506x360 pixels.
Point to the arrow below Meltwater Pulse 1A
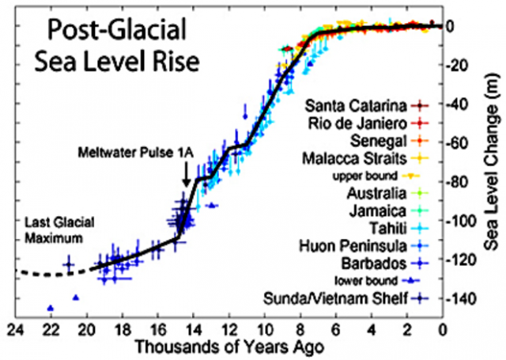point(185,173)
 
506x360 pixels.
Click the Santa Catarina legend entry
point(357,105)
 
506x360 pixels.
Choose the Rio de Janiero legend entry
point(357,124)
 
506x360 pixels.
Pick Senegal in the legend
point(377,142)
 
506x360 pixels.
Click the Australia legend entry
point(375,193)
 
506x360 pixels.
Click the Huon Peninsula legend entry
point(358,244)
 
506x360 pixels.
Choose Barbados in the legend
point(374,262)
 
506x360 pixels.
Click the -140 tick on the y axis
point(465,299)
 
